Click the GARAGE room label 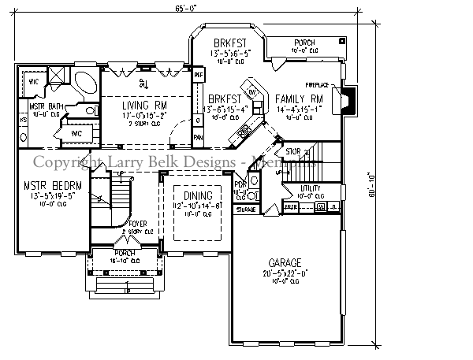(x=289, y=261)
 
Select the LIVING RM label (x=143, y=104)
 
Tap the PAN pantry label (x=198, y=135)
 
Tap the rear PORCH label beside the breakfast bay (x=304, y=43)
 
